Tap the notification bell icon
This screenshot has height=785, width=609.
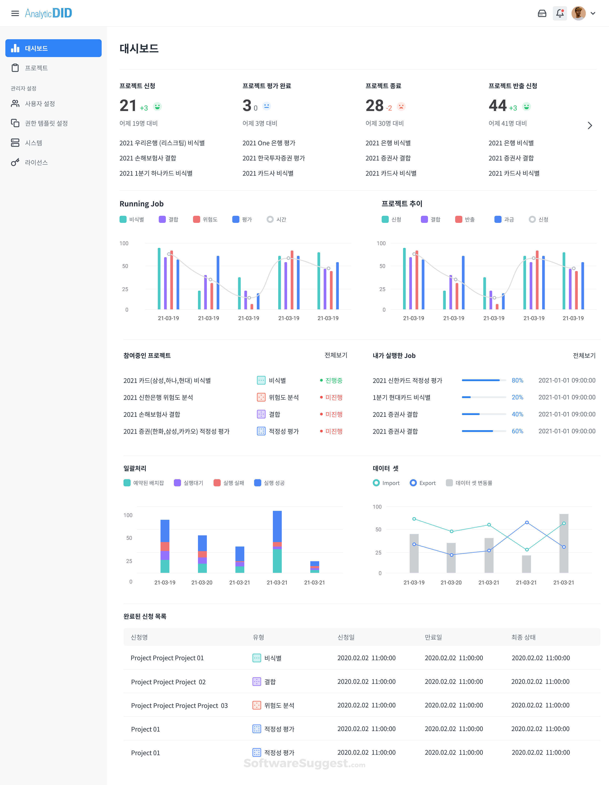coord(559,13)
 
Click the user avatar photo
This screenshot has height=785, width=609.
coord(578,13)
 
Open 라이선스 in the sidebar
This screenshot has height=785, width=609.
coord(36,162)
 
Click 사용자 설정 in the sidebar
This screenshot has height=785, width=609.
coord(39,103)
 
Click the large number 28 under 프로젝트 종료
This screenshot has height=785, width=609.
coord(374,106)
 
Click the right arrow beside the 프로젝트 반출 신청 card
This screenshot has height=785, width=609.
coord(590,125)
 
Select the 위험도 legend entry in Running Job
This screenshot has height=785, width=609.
coord(206,219)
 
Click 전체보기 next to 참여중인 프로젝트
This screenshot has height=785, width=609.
coord(336,355)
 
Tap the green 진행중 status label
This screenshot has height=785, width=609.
coord(334,380)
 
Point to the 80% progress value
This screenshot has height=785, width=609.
coord(517,380)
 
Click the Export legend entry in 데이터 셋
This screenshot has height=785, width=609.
coord(423,483)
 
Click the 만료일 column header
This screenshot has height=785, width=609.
coord(433,637)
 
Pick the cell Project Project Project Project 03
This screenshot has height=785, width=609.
coord(179,706)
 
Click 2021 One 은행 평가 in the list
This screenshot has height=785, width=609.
coord(269,143)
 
